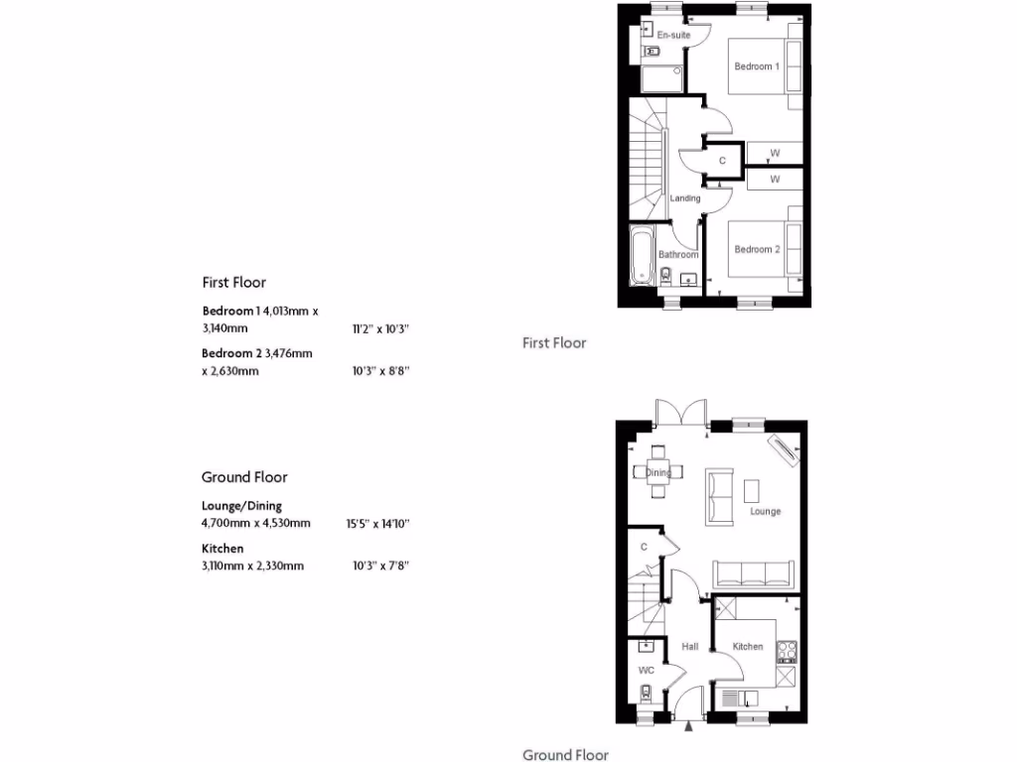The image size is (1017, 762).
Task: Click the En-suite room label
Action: pos(673,36)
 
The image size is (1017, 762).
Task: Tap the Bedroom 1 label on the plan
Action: pos(757,66)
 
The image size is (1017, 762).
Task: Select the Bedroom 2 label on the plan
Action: pos(757,250)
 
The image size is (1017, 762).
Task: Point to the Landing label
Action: pos(685,198)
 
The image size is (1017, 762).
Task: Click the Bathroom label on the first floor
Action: pos(678,255)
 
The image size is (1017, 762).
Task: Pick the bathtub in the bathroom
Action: pos(642,255)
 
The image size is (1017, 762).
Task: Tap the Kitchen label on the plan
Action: pos(748,647)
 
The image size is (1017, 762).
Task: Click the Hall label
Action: pos(689,647)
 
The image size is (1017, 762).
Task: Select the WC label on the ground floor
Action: pos(646,671)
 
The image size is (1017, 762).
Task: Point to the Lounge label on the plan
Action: pos(765,512)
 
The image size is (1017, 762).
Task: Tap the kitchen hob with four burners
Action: pos(786,651)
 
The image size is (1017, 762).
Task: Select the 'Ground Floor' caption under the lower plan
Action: pos(565,755)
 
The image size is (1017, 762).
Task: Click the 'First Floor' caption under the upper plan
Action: pos(554,343)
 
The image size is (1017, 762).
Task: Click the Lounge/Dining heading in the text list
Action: pos(241,506)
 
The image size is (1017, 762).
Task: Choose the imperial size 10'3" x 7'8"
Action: pos(381,566)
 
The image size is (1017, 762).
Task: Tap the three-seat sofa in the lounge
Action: pos(753,572)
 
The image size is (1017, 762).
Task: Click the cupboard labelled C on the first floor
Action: pos(722,160)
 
